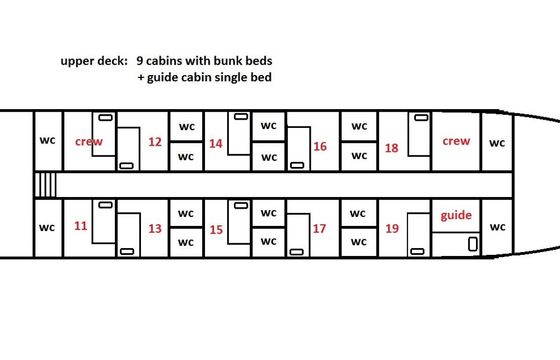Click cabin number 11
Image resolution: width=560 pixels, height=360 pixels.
(81, 226)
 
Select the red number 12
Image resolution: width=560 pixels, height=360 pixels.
(155, 142)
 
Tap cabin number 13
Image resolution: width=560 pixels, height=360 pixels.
(155, 229)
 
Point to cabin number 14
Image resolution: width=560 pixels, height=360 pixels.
(216, 144)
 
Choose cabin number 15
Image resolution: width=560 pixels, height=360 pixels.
(216, 230)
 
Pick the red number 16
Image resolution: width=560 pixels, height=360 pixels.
(320, 146)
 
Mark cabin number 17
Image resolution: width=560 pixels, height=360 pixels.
(319, 229)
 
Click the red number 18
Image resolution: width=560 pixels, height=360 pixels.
(391, 148)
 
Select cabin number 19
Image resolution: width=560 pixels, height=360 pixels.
(392, 229)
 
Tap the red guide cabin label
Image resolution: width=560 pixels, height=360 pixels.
(456, 216)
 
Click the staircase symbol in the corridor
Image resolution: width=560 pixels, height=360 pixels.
(45, 185)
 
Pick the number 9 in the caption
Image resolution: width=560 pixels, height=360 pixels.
(140, 61)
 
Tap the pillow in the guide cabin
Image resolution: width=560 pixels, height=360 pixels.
(472, 244)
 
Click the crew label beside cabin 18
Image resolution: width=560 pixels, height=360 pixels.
(456, 141)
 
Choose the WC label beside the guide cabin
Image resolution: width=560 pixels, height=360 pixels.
(498, 227)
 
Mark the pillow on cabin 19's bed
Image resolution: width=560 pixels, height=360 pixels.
(417, 251)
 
